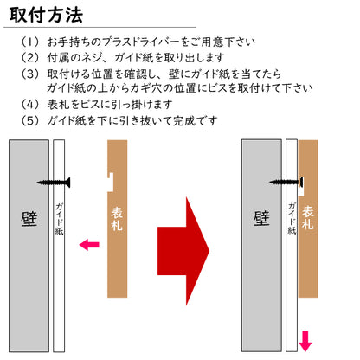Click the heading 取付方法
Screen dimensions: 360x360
[46, 15]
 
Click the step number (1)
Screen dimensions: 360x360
[30, 42]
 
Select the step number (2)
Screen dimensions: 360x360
[30, 58]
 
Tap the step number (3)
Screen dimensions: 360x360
[30, 74]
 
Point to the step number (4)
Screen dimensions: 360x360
[30, 104]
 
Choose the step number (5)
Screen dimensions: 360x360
[30, 120]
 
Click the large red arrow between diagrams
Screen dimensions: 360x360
[183, 251]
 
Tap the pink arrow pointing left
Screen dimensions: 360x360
[89, 245]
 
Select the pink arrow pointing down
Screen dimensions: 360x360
[305, 341]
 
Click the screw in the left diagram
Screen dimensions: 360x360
[54, 183]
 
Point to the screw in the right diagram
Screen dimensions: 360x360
[286, 182]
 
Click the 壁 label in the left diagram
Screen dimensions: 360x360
[29, 219]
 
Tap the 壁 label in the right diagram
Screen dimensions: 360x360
[261, 219]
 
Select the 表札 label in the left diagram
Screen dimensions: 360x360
[117, 219]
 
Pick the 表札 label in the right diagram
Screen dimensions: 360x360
[308, 218]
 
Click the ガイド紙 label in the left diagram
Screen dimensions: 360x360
[59, 219]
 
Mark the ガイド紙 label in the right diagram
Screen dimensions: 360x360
[292, 218]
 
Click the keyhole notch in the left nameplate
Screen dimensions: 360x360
[110, 182]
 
